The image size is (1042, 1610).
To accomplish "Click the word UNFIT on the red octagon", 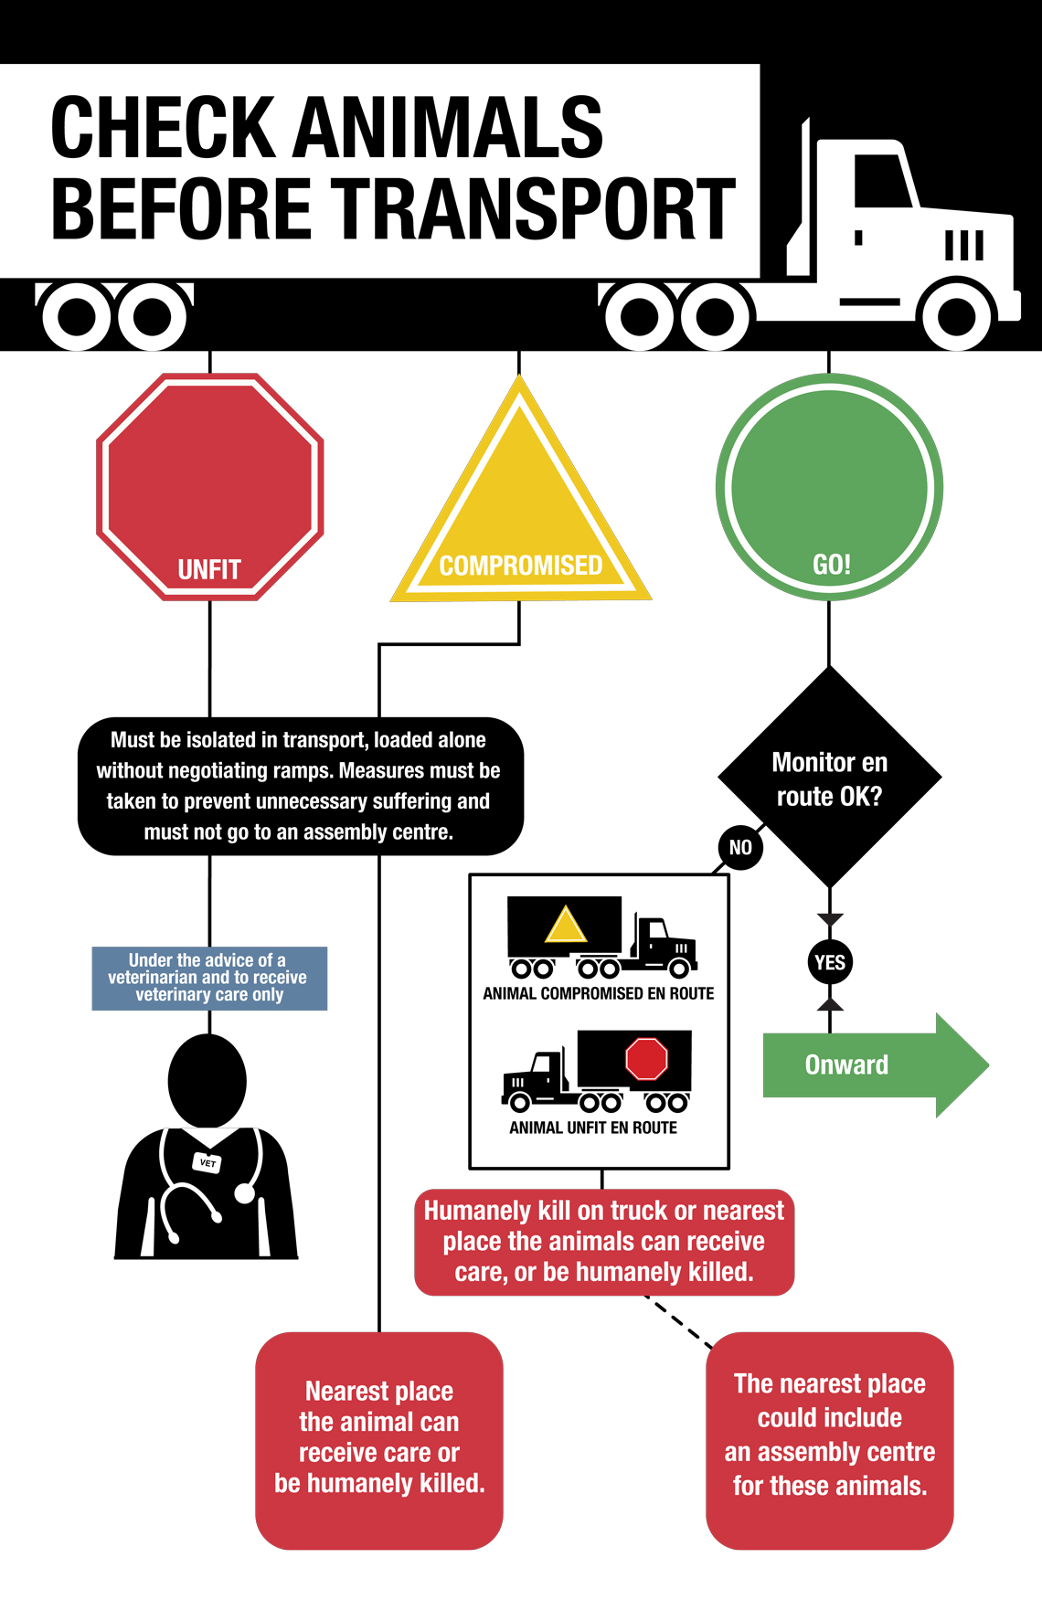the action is [209, 570].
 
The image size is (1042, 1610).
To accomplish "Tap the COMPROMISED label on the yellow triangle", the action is [520, 566].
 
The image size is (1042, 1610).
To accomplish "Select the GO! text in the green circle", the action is [831, 565].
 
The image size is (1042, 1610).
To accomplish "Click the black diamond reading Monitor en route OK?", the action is [829, 778].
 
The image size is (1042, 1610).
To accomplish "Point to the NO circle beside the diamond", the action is [740, 847].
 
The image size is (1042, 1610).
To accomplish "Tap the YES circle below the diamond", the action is [830, 962].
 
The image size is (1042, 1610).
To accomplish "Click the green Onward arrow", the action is [875, 1065].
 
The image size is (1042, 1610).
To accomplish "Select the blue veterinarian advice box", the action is [209, 978].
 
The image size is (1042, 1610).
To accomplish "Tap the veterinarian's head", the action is [207, 1081].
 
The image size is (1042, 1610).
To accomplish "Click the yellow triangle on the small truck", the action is [566, 925].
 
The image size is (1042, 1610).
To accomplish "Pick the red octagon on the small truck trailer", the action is [646, 1059].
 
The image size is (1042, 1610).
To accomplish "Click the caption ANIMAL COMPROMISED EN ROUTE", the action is [599, 993].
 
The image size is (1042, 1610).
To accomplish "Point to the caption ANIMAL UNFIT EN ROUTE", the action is [593, 1128].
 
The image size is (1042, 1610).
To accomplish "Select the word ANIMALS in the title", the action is [449, 127].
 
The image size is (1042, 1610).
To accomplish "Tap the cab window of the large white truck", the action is [882, 180].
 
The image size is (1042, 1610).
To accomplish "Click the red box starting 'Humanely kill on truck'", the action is [604, 1242].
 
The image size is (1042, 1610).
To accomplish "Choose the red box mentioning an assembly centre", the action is [830, 1440].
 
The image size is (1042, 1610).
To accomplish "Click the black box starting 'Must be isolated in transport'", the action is [301, 786].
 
